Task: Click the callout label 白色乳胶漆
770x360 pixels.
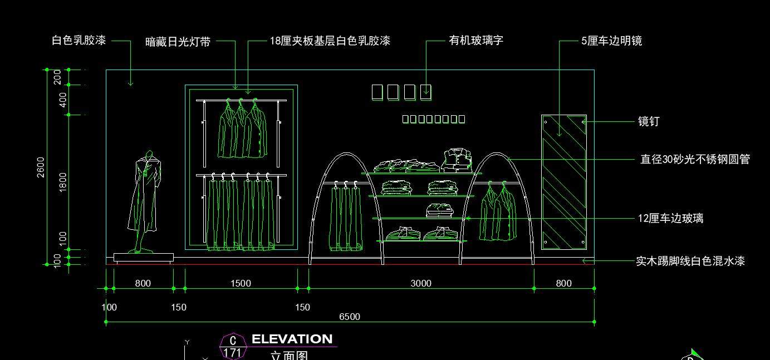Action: [x=79, y=41]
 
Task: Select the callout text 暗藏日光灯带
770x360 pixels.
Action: [x=178, y=42]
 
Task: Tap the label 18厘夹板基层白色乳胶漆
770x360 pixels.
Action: [x=330, y=41]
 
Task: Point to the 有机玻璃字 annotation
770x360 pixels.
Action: [x=476, y=41]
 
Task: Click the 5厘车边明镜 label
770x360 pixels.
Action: [x=611, y=41]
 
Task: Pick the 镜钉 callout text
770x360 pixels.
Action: [x=649, y=121]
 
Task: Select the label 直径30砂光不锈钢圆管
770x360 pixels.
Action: [x=695, y=160]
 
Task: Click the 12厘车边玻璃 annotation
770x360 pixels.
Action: [x=670, y=219]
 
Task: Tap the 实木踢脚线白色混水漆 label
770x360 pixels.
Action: [x=690, y=261]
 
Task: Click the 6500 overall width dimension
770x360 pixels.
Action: [x=350, y=317]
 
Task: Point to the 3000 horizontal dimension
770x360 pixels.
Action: [x=421, y=283]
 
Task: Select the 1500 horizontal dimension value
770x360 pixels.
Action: [x=241, y=283]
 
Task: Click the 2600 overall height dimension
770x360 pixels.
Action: [x=41, y=167]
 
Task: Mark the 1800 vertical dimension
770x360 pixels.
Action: [x=63, y=182]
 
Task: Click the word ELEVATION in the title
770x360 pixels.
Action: [x=292, y=339]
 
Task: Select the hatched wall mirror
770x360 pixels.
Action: [x=564, y=182]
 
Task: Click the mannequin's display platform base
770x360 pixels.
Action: [x=144, y=258]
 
